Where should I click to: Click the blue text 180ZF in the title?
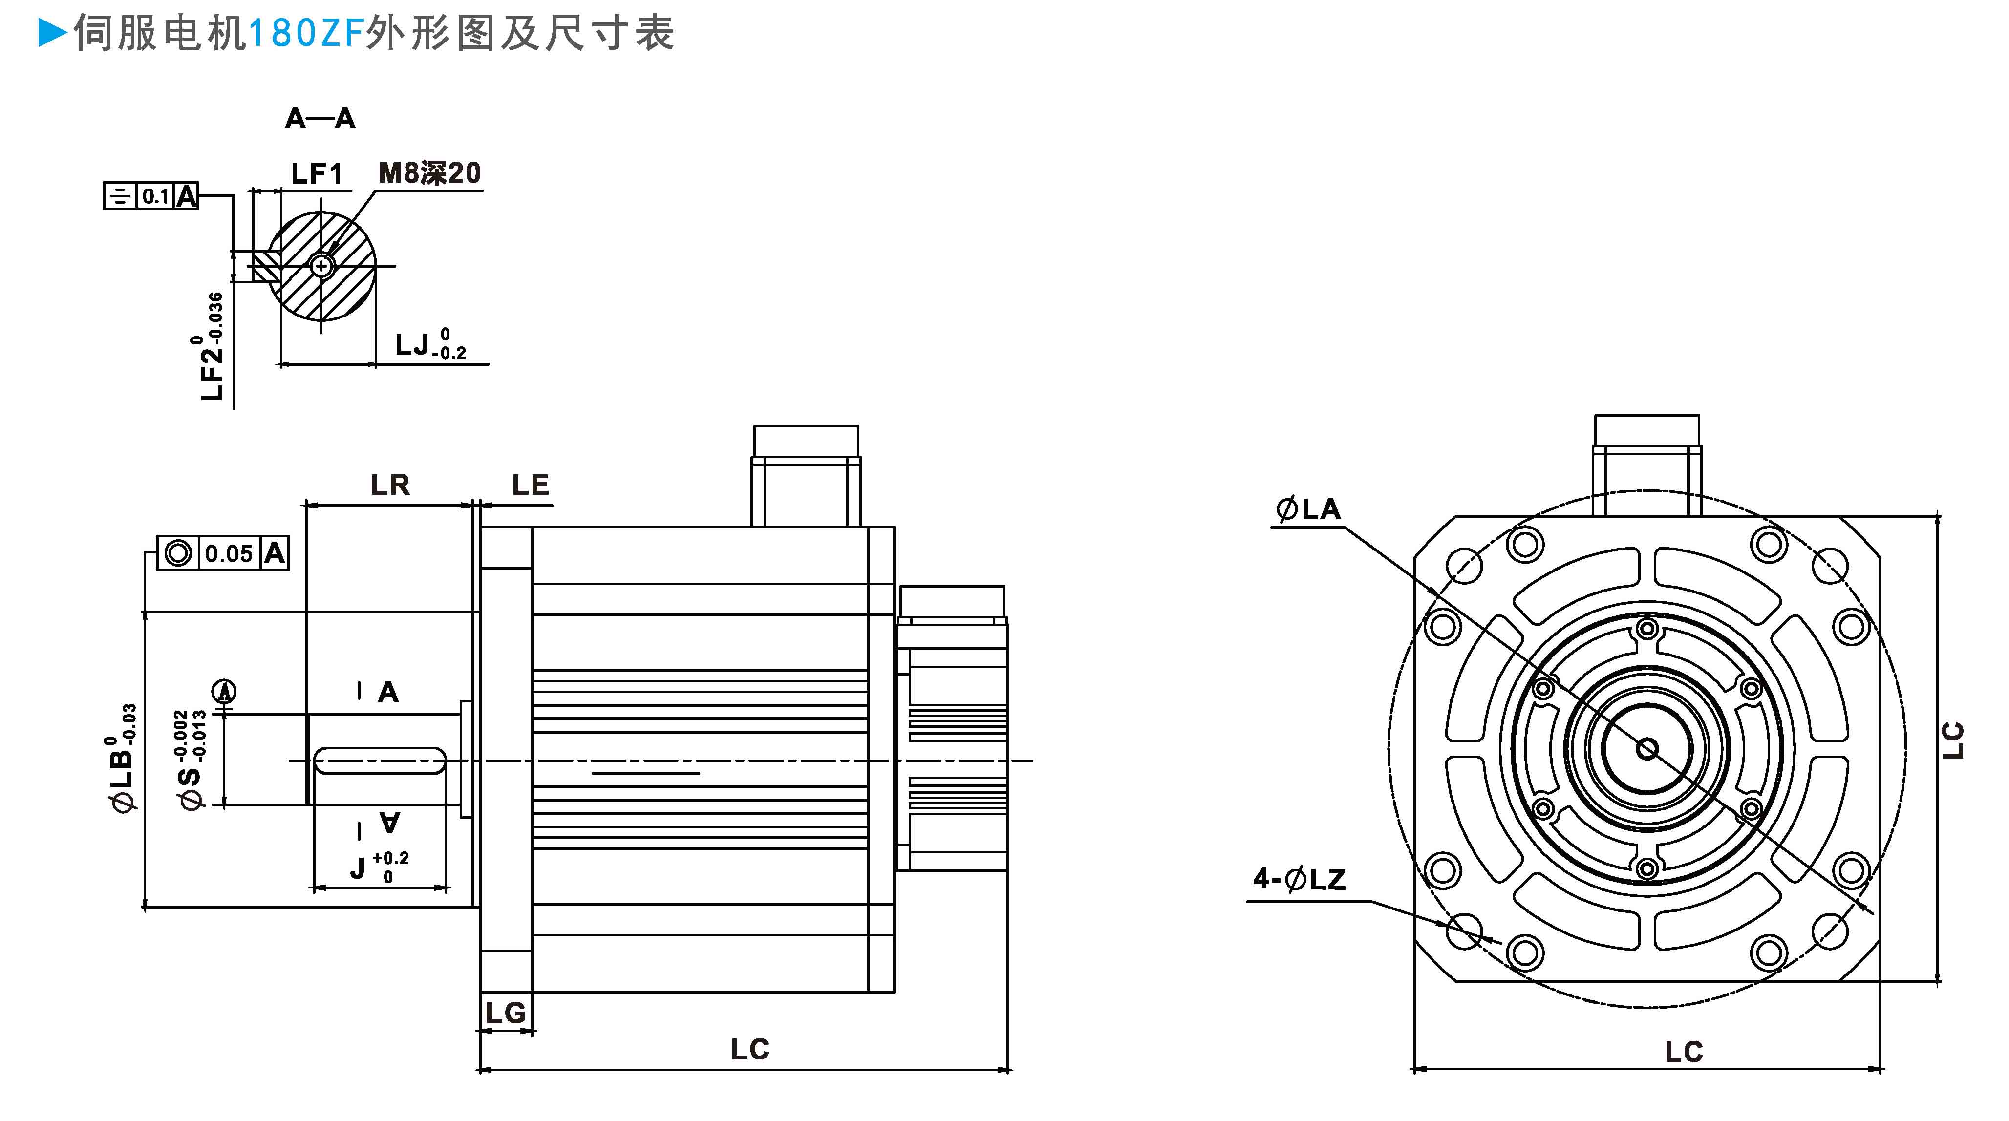[x=306, y=34]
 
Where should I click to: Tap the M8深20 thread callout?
[x=430, y=173]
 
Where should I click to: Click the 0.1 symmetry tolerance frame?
[x=150, y=196]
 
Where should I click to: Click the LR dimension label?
[x=390, y=485]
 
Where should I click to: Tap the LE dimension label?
[x=530, y=485]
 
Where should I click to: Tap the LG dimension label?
[x=505, y=1013]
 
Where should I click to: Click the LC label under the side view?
[x=749, y=1049]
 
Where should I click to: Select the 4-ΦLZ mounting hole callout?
[x=1299, y=879]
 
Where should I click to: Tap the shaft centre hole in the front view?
[x=1647, y=749]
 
